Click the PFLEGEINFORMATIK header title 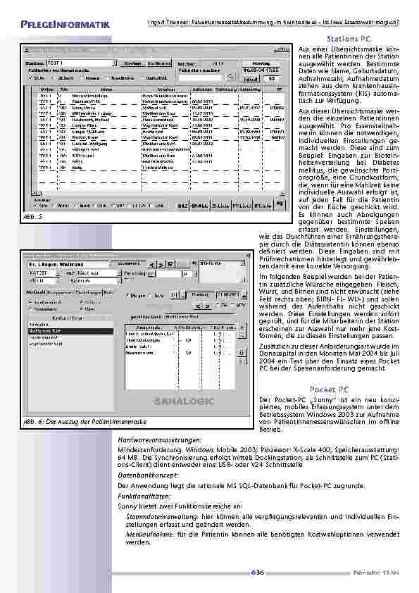[x=61, y=25]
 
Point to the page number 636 [x=257, y=572]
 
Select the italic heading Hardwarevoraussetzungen [x=154, y=439]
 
